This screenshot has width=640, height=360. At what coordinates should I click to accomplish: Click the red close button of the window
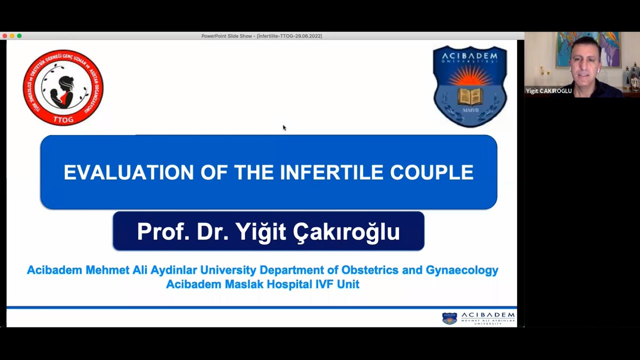coord(4,36)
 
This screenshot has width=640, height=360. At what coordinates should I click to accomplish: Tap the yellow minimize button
coord(12,36)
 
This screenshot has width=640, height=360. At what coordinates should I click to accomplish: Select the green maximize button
coord(19,36)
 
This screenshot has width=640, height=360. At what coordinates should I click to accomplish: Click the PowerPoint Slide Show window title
coord(261,36)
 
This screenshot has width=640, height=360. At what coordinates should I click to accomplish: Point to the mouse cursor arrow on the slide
coord(284,127)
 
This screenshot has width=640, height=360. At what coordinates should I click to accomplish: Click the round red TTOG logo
coord(63,87)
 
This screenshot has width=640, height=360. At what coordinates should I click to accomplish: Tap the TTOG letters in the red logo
coord(63,119)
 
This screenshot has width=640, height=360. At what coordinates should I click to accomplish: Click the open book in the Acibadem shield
coord(469,96)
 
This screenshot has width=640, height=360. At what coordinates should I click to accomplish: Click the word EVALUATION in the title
coord(128,172)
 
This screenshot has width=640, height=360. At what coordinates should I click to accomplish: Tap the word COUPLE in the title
coord(431,172)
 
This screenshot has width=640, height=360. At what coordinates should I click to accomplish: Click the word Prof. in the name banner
coord(162,231)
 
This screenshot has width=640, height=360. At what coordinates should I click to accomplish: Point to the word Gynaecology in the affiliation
coord(462,270)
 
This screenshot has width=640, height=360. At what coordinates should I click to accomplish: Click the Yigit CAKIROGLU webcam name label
coord(548,91)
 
